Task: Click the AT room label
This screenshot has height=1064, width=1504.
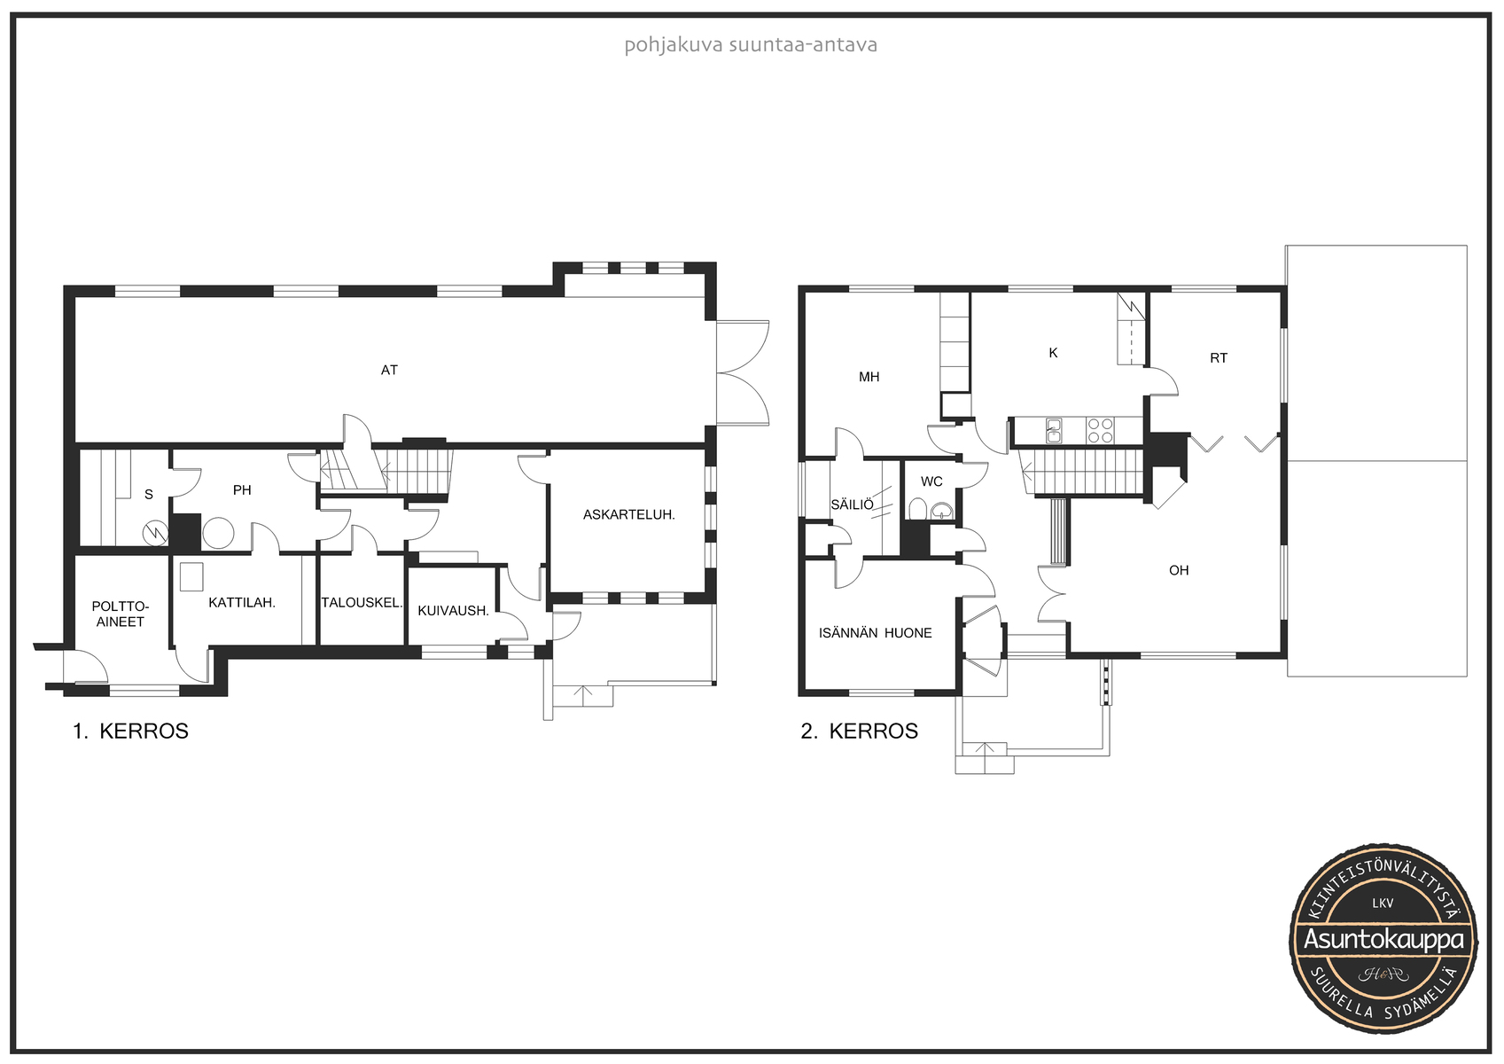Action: [x=389, y=370]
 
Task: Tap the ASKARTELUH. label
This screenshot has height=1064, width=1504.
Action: [x=629, y=515]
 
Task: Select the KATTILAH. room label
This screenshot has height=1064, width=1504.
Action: [x=242, y=603]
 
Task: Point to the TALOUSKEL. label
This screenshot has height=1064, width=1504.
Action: [x=362, y=603]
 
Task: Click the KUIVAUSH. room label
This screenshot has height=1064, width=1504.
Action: [x=453, y=611]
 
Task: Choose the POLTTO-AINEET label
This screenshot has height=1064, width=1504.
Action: [x=121, y=614]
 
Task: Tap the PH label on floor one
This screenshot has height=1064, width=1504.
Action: [x=242, y=490]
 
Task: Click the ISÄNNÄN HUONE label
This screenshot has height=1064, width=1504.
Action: [x=875, y=633]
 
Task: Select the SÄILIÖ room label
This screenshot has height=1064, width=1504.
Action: [x=852, y=505]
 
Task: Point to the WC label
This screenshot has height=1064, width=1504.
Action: [x=931, y=481]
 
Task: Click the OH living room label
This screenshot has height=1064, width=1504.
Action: [x=1179, y=570]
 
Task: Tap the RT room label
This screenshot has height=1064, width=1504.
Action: [x=1219, y=359]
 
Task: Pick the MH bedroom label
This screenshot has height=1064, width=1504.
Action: [x=869, y=378]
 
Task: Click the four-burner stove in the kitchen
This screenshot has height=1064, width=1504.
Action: [x=1100, y=431]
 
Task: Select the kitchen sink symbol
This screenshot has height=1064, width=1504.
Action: [x=1054, y=431]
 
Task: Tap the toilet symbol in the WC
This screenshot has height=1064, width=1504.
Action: [x=917, y=508]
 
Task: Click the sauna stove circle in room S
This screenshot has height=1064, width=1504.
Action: [x=155, y=534]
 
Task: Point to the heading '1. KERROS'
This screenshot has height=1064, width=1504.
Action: [x=130, y=731]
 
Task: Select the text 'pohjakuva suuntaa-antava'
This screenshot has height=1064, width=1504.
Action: [x=751, y=46]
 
